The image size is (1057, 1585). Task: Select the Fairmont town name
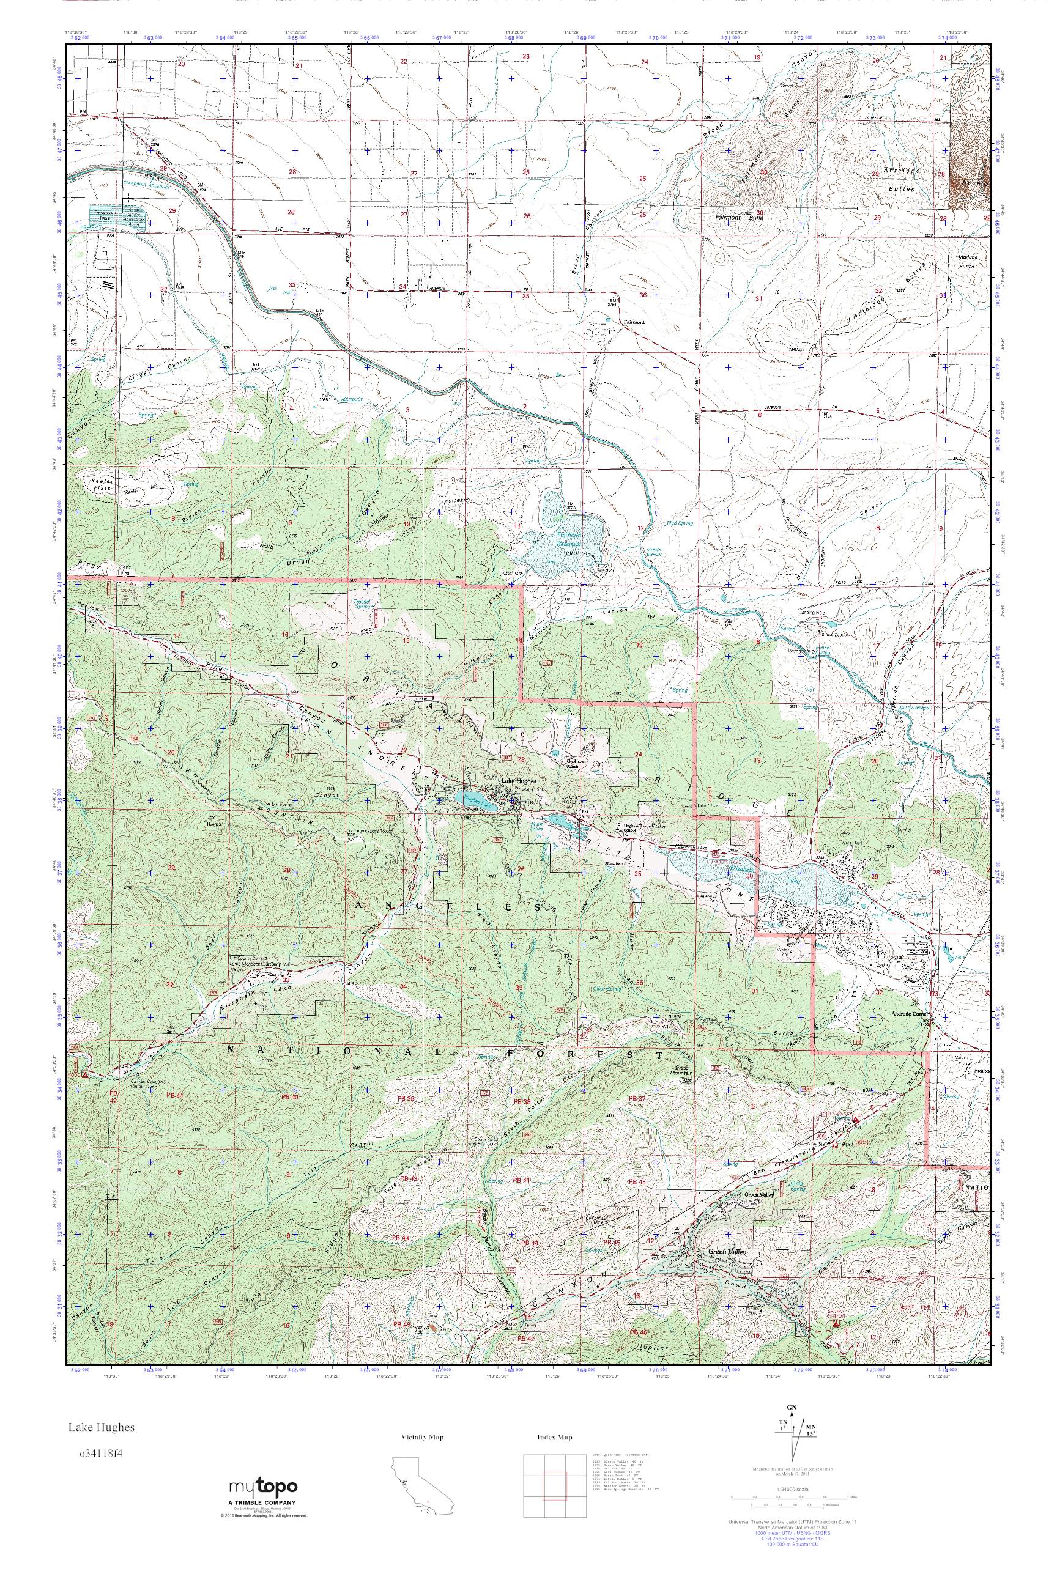tap(634, 322)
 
